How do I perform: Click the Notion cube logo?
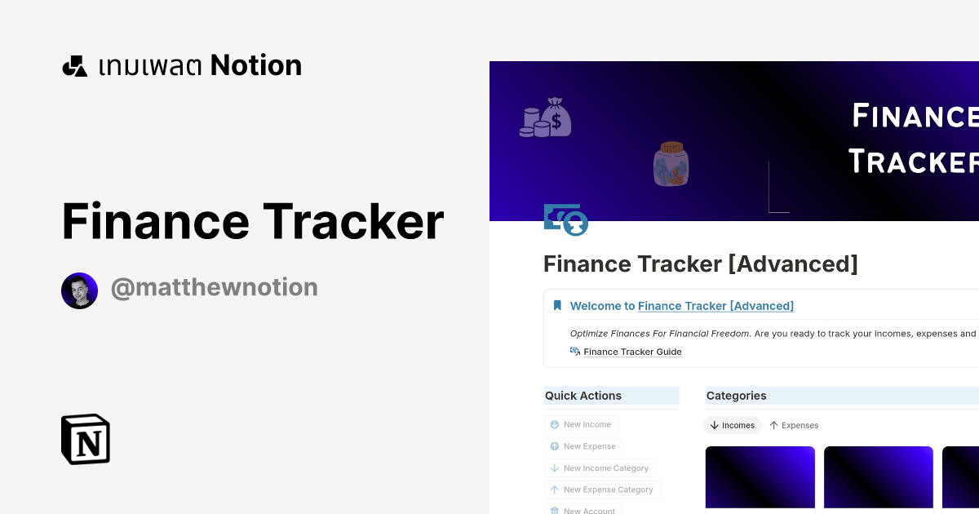pos(86,439)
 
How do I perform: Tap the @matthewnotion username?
pos(214,287)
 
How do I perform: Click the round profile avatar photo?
pos(79,290)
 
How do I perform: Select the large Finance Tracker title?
pos(253,221)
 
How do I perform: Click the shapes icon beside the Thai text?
pos(74,66)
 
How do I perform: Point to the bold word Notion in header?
pos(255,65)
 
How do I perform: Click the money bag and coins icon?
pos(546,117)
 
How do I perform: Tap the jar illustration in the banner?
pos(671,164)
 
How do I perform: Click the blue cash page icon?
pos(565,219)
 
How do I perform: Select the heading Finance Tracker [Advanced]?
pos(700,264)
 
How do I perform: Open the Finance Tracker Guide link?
pos(632,352)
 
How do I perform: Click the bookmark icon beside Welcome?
pos(557,306)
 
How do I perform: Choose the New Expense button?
pos(583,446)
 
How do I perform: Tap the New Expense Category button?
pos(602,490)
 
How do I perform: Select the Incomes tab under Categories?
pos(732,425)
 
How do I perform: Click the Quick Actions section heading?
pos(583,396)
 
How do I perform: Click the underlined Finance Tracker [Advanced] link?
pos(715,306)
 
